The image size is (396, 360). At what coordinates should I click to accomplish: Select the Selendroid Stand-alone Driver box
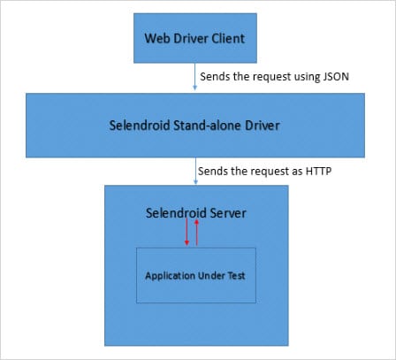pos(197,126)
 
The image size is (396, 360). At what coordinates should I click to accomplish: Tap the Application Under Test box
pos(197,274)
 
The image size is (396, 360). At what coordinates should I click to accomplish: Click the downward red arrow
pos(187,234)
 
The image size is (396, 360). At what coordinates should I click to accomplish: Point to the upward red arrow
pos(197,234)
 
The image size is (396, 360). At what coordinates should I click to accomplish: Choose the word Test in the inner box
pos(240,274)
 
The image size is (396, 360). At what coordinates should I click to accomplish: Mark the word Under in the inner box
pos(215,274)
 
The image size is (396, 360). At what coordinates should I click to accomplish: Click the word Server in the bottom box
pos(225,213)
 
